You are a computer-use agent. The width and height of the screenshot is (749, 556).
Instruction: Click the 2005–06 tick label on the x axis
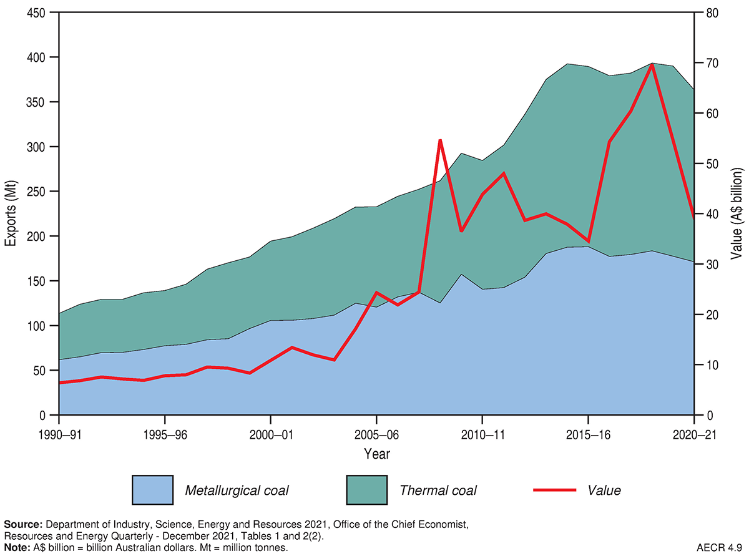[376, 434]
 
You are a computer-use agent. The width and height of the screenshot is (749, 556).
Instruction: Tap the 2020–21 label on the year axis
[693, 434]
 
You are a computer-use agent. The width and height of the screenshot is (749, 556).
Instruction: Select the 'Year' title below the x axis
[376, 454]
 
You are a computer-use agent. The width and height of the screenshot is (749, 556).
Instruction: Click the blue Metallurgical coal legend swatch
[152, 490]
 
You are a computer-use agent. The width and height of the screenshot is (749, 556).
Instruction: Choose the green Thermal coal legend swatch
[366, 490]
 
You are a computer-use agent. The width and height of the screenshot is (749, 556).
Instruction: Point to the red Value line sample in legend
[554, 490]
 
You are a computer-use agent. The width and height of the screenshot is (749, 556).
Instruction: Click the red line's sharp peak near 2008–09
[439, 140]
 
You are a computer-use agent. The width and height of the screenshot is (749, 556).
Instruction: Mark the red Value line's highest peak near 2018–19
[652, 64]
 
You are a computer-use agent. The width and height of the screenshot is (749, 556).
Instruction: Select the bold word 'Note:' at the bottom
[17, 547]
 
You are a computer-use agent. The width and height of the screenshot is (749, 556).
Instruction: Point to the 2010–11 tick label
[482, 434]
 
